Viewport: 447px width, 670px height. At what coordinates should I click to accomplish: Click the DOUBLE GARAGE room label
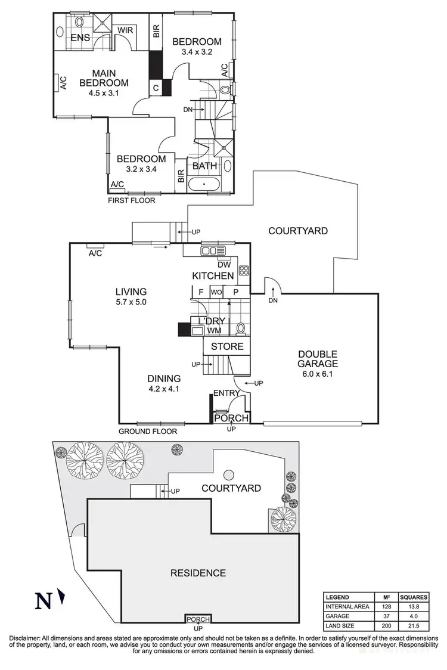pos(318,358)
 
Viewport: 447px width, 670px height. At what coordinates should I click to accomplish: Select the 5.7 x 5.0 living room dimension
pos(131,302)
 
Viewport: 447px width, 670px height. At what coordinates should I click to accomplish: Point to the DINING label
pos(164,379)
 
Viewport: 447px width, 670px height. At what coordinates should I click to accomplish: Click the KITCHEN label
pos(213,275)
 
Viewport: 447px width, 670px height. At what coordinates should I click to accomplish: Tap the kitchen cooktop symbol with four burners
pos(243,270)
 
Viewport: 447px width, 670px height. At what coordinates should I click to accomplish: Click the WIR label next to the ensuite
pos(125,29)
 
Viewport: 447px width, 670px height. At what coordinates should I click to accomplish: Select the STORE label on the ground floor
pos(227,346)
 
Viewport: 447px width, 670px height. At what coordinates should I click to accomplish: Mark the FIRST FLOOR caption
pos(131,200)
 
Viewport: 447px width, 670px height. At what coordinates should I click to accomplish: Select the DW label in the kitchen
pos(224,265)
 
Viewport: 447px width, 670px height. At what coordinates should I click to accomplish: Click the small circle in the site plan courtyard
pos(229,475)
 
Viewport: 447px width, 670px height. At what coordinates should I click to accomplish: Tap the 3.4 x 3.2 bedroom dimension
pos(197,52)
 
